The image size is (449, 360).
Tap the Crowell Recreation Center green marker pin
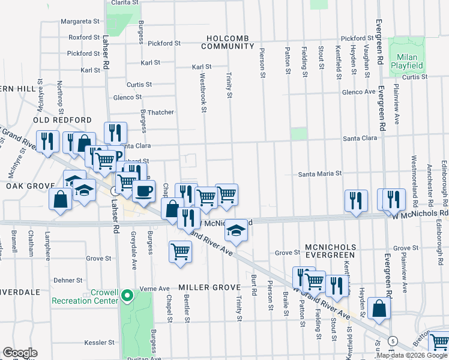coord(127,295)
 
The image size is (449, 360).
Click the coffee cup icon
coord(143,191)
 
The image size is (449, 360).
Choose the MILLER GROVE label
coord(209,287)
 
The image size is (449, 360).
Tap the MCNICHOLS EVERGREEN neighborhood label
coord(331,251)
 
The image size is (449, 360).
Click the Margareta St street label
coord(80,21)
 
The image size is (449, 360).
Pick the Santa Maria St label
coord(321,173)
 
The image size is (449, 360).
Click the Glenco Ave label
coord(358,92)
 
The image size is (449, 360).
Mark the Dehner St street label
coord(67,280)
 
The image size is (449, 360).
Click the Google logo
coord(20,353)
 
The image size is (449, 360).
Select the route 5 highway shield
coord(392,340)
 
